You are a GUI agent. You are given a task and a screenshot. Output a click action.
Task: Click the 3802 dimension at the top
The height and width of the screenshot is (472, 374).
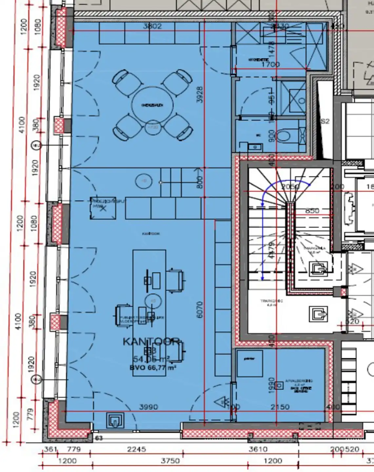tap(152, 26)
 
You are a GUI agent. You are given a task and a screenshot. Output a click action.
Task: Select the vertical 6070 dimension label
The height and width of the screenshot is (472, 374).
tap(200, 309)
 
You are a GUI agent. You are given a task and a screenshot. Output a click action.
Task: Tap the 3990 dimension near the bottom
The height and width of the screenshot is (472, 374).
tap(148, 407)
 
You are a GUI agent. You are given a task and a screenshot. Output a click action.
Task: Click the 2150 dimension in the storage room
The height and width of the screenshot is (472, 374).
tap(280, 407)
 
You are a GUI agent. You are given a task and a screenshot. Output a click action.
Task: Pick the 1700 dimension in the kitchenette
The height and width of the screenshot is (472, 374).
tap(270, 64)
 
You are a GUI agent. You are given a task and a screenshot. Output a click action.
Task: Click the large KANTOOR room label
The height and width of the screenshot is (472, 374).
tap(151, 342)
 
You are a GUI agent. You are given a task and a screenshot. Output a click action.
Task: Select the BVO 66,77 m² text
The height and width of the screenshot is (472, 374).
tap(153, 367)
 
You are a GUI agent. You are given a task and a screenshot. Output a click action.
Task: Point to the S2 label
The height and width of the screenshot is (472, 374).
tap(325, 121)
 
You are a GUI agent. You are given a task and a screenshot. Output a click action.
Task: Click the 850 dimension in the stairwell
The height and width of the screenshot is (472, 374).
tap(312, 211)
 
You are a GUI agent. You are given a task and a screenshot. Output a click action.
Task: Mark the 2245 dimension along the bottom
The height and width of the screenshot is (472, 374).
tap(136, 449)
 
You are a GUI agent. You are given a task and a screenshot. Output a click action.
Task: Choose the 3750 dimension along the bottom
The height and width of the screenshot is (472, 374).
tap(170, 461)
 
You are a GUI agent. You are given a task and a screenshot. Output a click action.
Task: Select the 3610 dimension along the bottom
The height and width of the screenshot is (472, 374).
tap(258, 449)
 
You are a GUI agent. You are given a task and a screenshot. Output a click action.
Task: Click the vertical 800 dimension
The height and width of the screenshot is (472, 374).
tap(200, 182)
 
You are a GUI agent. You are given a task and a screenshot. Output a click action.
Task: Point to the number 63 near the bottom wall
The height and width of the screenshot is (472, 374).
tap(99, 438)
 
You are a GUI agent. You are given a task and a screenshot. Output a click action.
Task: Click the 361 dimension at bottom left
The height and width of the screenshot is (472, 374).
tap(50, 449)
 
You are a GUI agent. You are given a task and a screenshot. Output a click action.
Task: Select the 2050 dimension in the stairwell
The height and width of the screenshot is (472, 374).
tap(290, 187)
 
